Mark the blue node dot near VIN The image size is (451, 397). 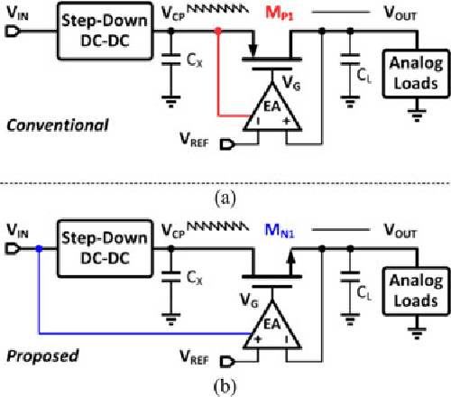tap(38, 246)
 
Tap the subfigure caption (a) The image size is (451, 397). tap(222, 194)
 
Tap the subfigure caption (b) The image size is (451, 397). tap(222, 388)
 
